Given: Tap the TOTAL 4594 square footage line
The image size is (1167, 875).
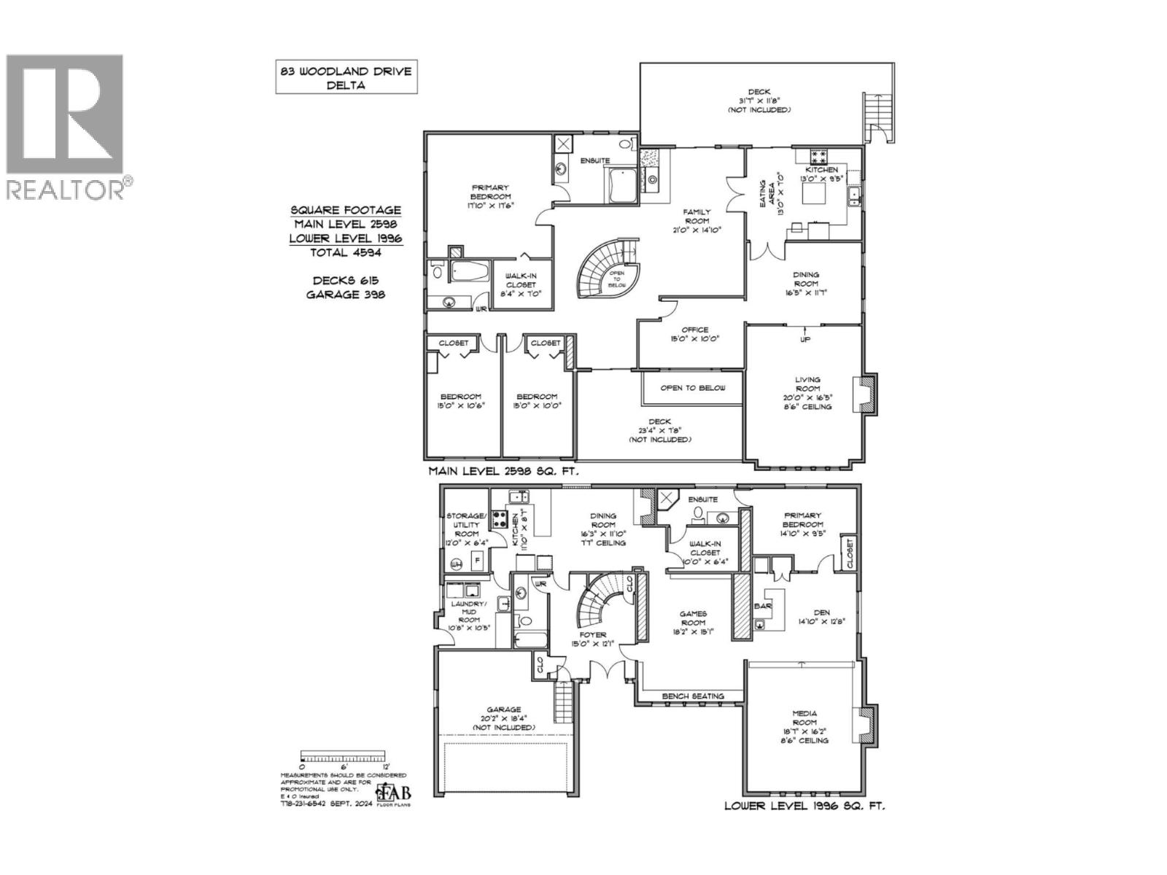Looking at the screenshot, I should [346, 252].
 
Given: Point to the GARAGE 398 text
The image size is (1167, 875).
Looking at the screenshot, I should [346, 295].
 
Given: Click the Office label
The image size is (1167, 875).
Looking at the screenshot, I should [694, 334].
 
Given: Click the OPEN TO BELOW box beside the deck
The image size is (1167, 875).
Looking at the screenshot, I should [693, 388].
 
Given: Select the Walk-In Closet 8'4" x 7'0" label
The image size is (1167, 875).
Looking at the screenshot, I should [521, 284].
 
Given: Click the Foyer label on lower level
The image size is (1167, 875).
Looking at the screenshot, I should [593, 639].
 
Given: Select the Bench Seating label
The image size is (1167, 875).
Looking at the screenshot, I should [693, 696].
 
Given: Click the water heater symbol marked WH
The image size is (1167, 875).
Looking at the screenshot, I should [457, 564].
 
